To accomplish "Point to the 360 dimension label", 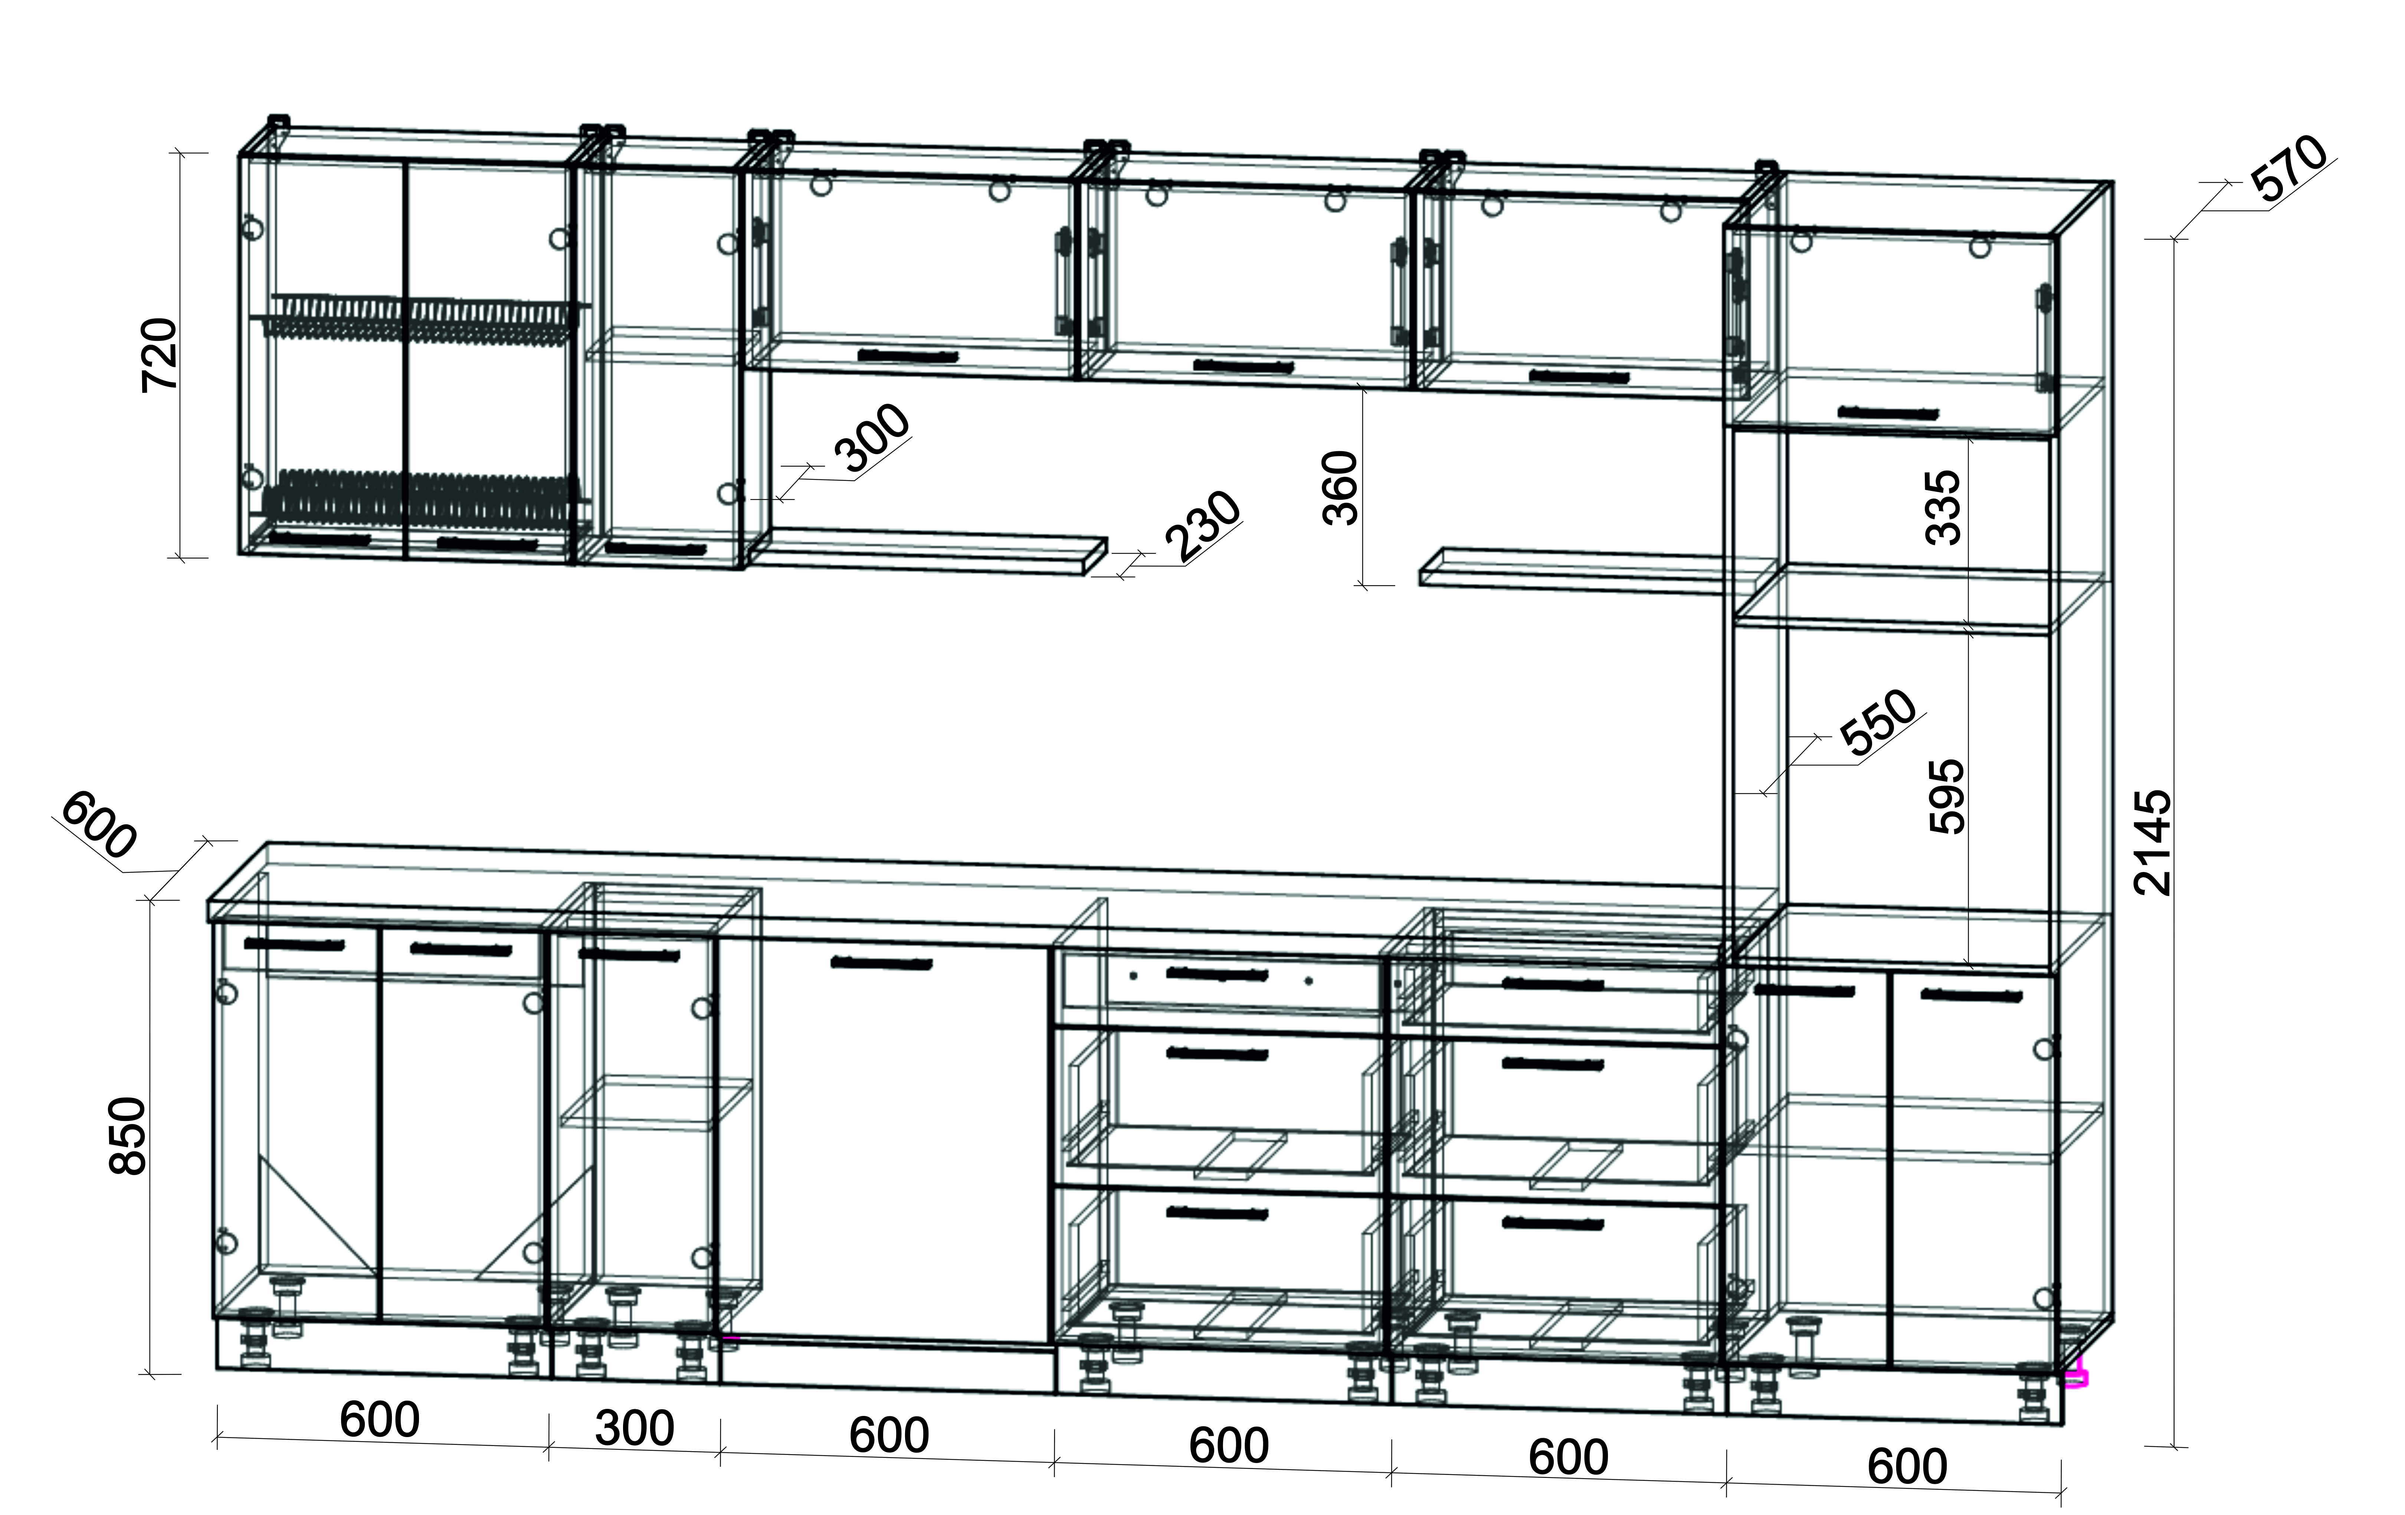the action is tap(1340, 487).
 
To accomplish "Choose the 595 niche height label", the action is tap(1946, 796).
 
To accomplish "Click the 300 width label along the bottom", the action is tap(634, 1428).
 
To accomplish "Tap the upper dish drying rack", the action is tap(419, 318).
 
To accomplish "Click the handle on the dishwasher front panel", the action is tap(882, 964).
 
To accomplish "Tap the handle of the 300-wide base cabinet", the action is tap(629, 955).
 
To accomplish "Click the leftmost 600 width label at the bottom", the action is tap(380, 1419).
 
